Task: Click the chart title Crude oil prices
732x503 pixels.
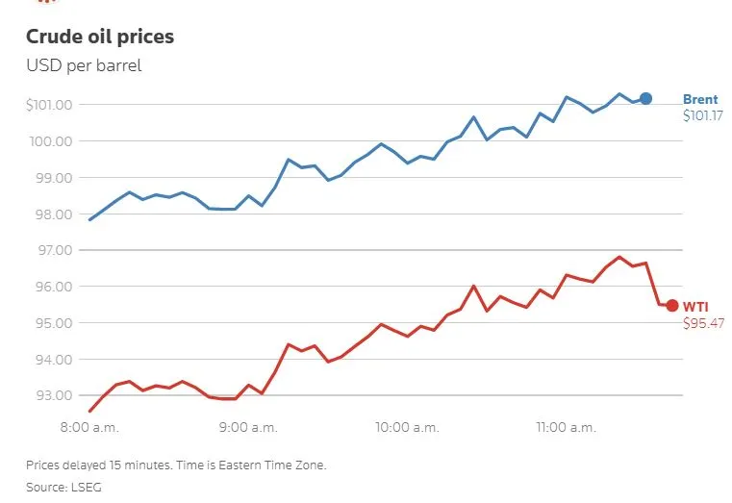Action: tap(100, 38)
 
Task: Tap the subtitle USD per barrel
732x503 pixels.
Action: tap(84, 66)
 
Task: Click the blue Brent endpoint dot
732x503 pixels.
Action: tap(646, 99)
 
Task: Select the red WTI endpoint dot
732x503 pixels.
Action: tap(671, 306)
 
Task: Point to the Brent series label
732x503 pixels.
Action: tap(700, 99)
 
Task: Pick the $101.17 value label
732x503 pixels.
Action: tap(702, 115)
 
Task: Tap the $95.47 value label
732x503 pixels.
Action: tap(702, 323)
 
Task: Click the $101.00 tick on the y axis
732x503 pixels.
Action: tap(55, 105)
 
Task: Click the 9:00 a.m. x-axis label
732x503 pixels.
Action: tap(249, 426)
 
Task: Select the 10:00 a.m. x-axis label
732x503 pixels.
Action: tap(406, 426)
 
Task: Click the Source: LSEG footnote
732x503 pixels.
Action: tap(63, 488)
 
